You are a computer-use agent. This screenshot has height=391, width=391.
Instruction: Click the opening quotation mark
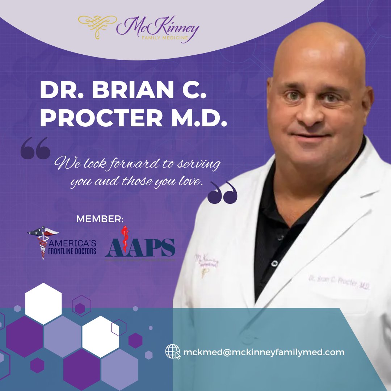(x=35, y=148)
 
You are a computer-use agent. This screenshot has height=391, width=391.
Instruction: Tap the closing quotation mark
(x=223, y=193)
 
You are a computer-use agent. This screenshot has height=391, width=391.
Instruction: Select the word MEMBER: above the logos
(x=100, y=219)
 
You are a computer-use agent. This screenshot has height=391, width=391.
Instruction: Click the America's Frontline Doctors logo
(x=62, y=245)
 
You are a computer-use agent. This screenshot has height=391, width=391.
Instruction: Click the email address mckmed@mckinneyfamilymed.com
(x=264, y=352)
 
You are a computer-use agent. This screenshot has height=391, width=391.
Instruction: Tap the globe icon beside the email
(x=173, y=352)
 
